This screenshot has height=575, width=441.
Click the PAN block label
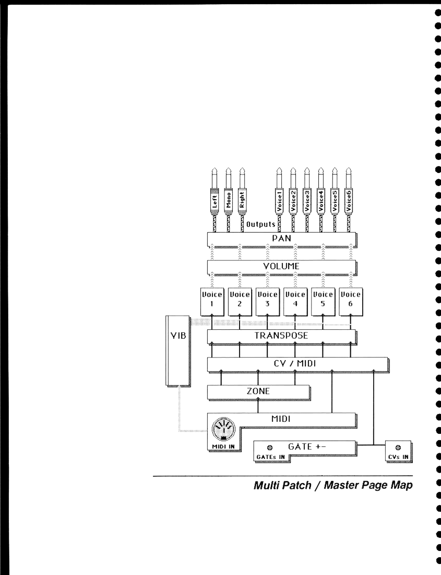click(x=281, y=238)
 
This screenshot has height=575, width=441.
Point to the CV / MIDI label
click(x=294, y=363)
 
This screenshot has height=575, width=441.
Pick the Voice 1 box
click(x=212, y=302)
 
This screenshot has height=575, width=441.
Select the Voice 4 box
click(x=295, y=302)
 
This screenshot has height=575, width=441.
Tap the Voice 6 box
click(x=351, y=302)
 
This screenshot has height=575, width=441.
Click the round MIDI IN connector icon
click(x=223, y=429)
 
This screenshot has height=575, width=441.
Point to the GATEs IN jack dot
click(x=270, y=448)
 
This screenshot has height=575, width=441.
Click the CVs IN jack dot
click(x=398, y=448)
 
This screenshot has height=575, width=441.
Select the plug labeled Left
click(x=214, y=200)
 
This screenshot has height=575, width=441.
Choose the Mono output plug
click(x=228, y=200)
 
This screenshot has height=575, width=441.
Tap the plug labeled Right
click(x=242, y=200)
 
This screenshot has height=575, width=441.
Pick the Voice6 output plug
click(x=349, y=200)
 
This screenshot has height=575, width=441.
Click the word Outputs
click(x=261, y=224)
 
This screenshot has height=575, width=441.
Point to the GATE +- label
click(x=307, y=446)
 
